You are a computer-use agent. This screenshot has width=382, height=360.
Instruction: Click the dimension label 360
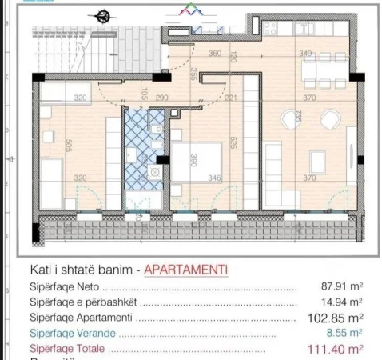tap(214, 54)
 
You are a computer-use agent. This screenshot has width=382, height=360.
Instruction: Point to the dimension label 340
tap(305, 54)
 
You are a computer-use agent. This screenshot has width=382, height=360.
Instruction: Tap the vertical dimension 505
tap(70, 146)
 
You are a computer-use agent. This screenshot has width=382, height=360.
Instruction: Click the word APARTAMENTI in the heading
tap(184, 270)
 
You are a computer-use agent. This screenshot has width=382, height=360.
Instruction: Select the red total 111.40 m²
tap(336, 349)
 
